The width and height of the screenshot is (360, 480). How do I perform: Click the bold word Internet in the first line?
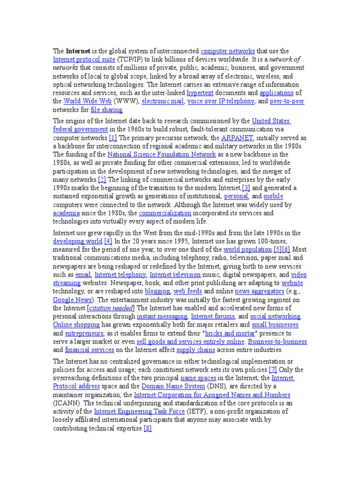(75, 51)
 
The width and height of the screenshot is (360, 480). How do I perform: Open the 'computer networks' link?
(228, 51)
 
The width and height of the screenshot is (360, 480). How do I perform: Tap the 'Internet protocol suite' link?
(84, 60)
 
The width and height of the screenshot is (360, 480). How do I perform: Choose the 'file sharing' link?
(106, 110)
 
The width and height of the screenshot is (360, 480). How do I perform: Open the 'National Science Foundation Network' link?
(162, 154)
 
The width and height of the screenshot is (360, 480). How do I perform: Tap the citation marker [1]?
(112, 138)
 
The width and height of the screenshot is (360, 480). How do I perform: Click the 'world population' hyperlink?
(247, 249)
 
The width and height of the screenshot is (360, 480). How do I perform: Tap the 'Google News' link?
(73, 300)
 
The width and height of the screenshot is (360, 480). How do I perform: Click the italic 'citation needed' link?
(111, 308)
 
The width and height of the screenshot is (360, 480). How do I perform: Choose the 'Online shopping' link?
(76, 325)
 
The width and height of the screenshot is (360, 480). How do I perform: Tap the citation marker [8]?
(148, 428)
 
